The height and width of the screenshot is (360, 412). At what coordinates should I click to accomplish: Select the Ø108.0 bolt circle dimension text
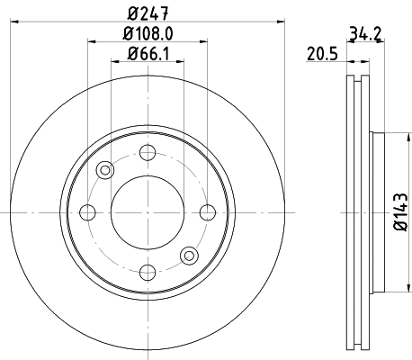click(x=148, y=34)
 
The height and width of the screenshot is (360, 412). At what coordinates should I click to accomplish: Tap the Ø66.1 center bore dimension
click(x=149, y=56)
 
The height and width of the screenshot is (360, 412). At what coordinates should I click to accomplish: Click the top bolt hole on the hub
click(x=148, y=151)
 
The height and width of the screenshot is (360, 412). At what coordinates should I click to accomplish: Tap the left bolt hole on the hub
click(x=88, y=212)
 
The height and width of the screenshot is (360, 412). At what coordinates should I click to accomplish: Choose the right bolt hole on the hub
click(x=209, y=212)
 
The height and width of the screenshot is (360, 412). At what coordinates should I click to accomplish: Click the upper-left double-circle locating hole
click(x=106, y=169)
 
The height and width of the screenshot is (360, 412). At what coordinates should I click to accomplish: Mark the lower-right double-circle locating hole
click(x=190, y=255)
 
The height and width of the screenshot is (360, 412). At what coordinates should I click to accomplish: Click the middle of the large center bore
click(x=148, y=212)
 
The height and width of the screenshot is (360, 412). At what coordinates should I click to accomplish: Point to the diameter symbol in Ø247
click(x=131, y=12)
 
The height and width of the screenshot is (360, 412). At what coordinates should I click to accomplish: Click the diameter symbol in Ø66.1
click(x=131, y=56)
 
